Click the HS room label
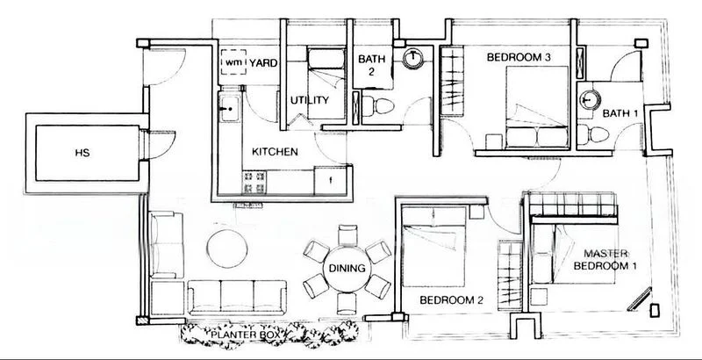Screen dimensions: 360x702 click(84, 153)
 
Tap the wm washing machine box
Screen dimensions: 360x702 click(233, 63)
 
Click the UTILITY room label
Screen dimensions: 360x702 click(309, 101)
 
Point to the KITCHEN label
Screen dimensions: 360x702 click(275, 152)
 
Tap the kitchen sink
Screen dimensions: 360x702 click(230, 111)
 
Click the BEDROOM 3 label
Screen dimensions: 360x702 click(518, 58)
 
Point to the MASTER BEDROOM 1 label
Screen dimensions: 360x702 click(605, 258)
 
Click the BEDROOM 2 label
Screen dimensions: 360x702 click(451, 299)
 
